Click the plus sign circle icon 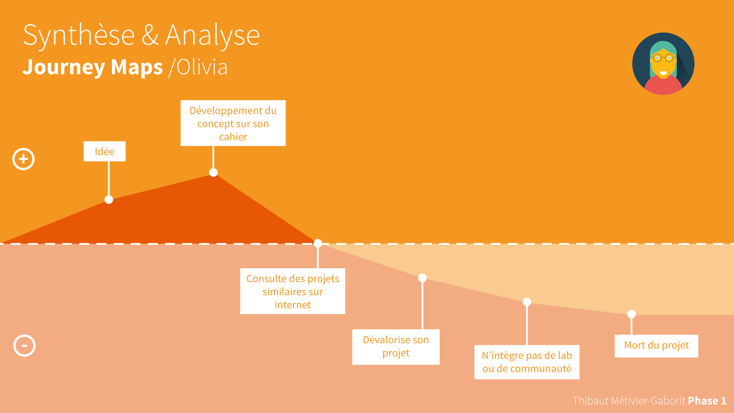click(23, 159)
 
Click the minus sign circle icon click(24, 346)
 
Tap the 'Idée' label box click(104, 151)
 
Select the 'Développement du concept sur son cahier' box click(233, 123)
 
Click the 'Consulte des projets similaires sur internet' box click(292, 291)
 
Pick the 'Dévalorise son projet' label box click(396, 347)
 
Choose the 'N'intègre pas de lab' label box click(527, 362)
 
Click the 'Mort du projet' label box click(656, 346)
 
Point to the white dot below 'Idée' click(109, 200)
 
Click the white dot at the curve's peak click(213, 172)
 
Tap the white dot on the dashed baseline click(318, 243)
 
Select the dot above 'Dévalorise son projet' click(422, 278)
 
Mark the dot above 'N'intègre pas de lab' click(527, 302)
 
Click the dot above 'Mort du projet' click(632, 314)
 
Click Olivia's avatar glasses click(663, 58)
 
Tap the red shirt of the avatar click(663, 86)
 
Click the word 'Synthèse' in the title click(79, 36)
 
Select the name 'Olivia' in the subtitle click(202, 67)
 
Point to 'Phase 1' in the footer click(707, 401)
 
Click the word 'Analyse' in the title click(213, 36)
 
